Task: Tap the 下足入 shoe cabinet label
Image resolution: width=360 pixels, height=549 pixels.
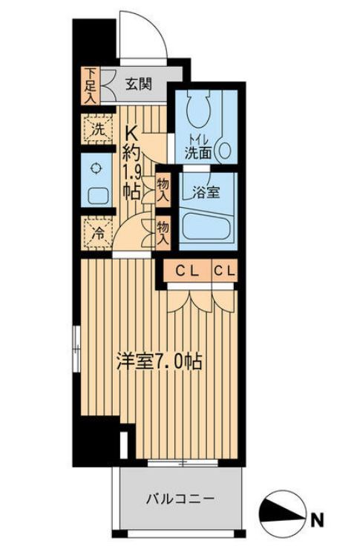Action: (89, 83)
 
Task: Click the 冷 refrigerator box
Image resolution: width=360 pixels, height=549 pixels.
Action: (96, 231)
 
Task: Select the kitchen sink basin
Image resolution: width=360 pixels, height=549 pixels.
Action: (97, 197)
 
